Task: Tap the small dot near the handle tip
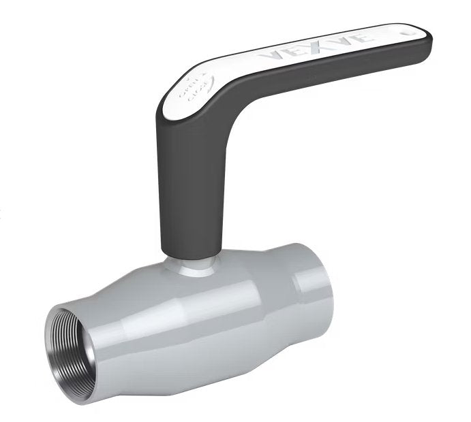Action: pos(407,30)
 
